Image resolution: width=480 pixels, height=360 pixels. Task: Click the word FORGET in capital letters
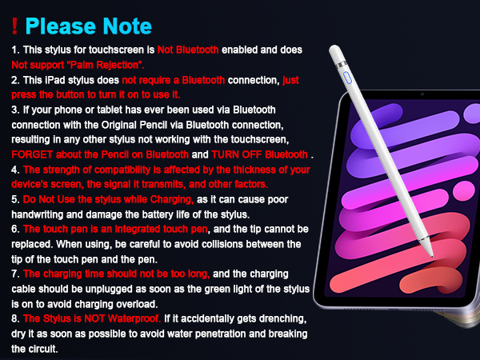[35, 154]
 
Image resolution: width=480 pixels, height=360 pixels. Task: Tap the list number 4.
[14, 170]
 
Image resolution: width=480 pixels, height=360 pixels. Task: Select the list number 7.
[14, 274]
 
